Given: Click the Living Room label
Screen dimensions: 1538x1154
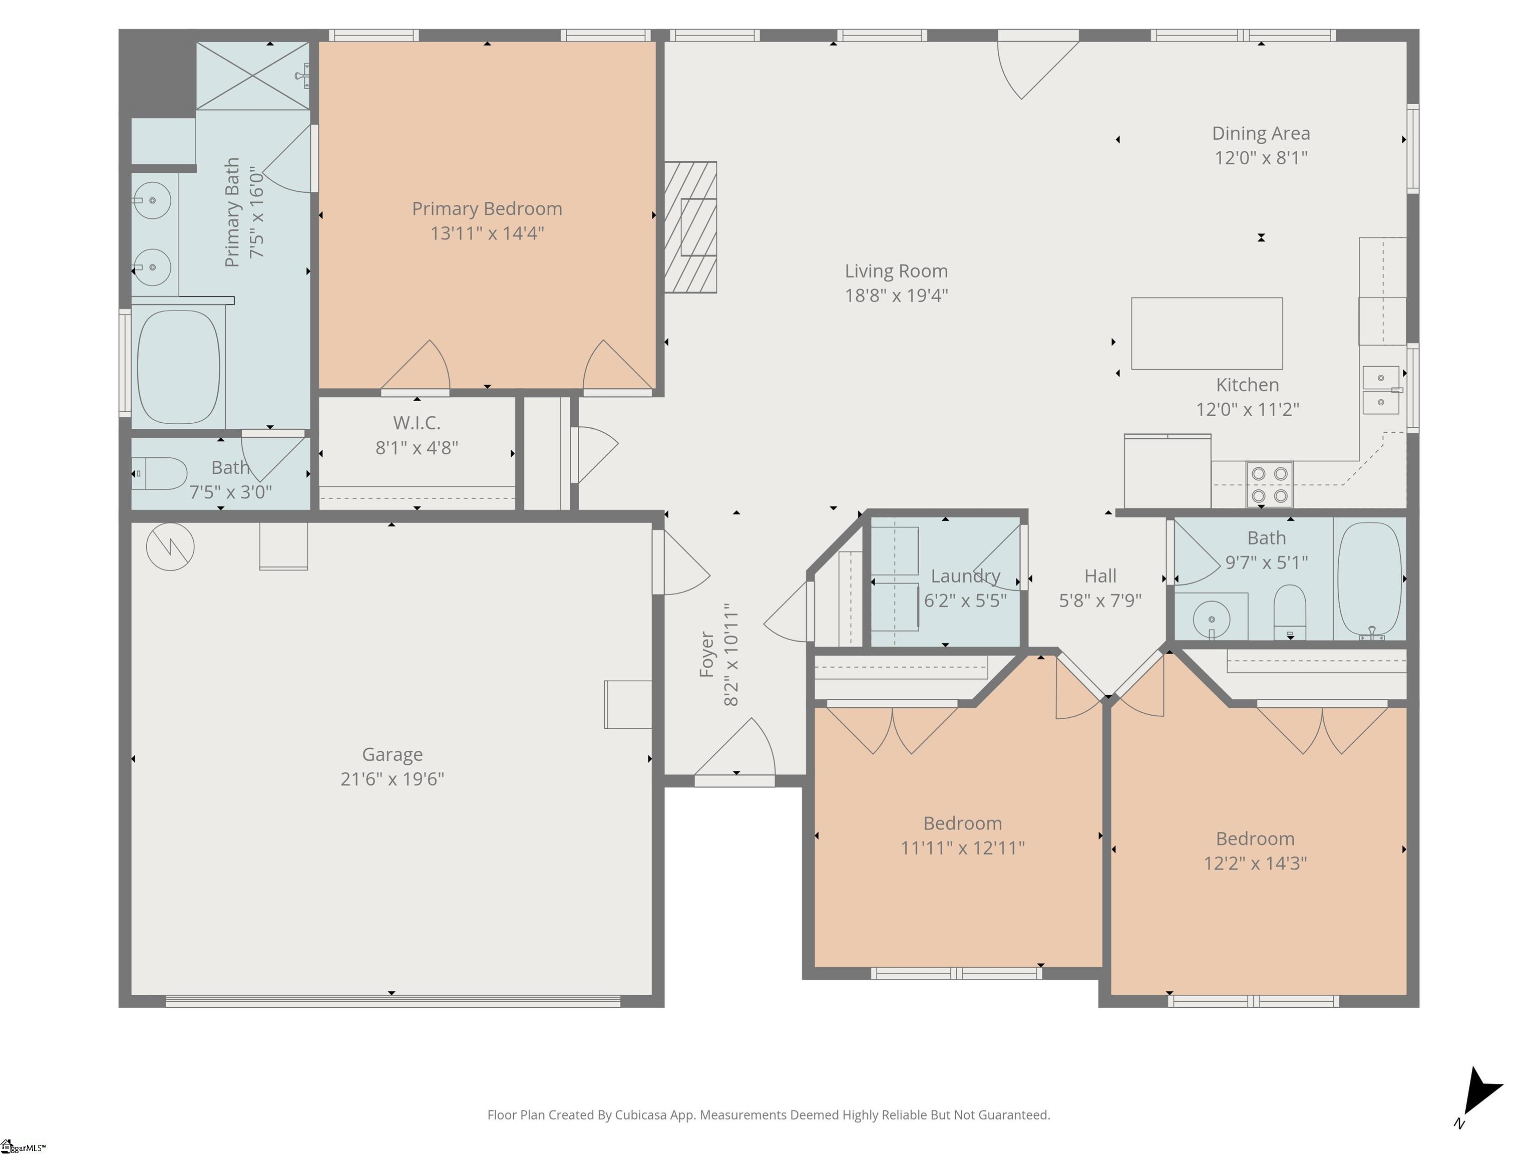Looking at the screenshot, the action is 896,271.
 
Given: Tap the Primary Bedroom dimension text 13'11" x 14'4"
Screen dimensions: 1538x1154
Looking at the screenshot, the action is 487,233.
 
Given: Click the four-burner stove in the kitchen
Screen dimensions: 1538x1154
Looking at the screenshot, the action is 1270,485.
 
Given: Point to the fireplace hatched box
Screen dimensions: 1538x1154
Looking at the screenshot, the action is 690,227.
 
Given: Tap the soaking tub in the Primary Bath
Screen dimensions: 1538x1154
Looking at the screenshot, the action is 179,367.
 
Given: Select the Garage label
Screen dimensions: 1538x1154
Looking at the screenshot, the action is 392,755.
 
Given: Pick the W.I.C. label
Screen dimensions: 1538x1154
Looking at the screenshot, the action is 417,423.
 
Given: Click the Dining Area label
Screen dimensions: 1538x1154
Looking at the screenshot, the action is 1261,134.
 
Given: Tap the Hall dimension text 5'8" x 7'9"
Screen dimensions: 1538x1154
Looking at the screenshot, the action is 1100,601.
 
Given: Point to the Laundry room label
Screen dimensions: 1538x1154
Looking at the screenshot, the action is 965,576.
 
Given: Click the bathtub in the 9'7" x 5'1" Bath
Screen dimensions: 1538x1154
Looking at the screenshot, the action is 1370,580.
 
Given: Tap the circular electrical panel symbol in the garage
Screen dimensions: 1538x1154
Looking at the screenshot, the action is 170,547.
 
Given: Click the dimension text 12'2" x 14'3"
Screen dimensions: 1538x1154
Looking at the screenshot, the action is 1255,863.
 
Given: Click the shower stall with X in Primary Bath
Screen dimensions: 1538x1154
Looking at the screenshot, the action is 253,76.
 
